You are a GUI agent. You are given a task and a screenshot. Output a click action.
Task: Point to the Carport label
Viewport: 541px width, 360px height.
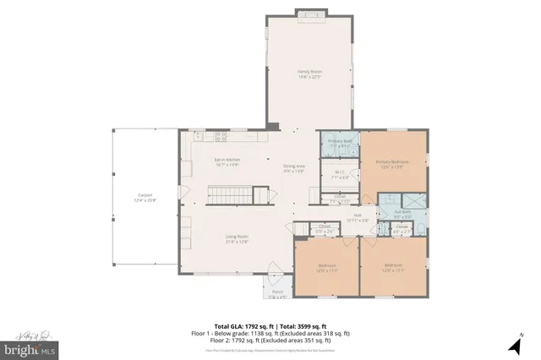[145, 197]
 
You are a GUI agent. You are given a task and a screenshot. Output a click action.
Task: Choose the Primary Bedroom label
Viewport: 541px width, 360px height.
[392, 163]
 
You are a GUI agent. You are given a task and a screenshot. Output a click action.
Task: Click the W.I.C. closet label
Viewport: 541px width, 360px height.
[340, 177]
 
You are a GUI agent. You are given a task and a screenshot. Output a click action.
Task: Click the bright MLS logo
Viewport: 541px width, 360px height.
[30, 347]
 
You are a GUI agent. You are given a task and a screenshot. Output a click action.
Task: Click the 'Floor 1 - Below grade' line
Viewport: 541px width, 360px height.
[270, 333]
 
